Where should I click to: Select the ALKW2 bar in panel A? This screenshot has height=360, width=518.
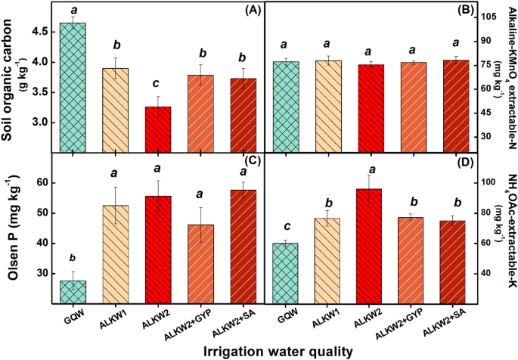pyautogui.click(x=158, y=129)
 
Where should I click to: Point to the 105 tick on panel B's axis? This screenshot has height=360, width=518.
pyautogui.click(x=479, y=16)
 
